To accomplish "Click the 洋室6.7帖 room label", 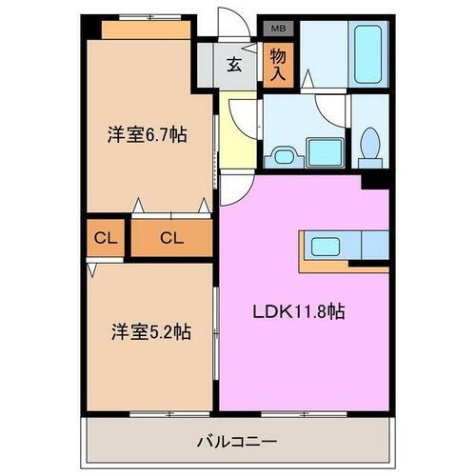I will pyautogui.click(x=146, y=135).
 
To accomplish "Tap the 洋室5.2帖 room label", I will pyautogui.click(x=150, y=332).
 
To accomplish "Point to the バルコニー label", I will pyautogui.click(x=237, y=442).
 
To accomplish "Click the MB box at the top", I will pyautogui.click(x=277, y=30).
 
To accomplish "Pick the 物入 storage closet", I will pyautogui.click(x=277, y=66).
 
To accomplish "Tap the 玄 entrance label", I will pyautogui.click(x=233, y=66).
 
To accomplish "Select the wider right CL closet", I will pyautogui.click(x=170, y=237).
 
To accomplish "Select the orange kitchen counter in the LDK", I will pyautogui.click(x=343, y=255).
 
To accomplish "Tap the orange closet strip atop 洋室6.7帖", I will pyautogui.click(x=148, y=30).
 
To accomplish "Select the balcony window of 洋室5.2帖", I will pyautogui.click(x=152, y=411).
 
